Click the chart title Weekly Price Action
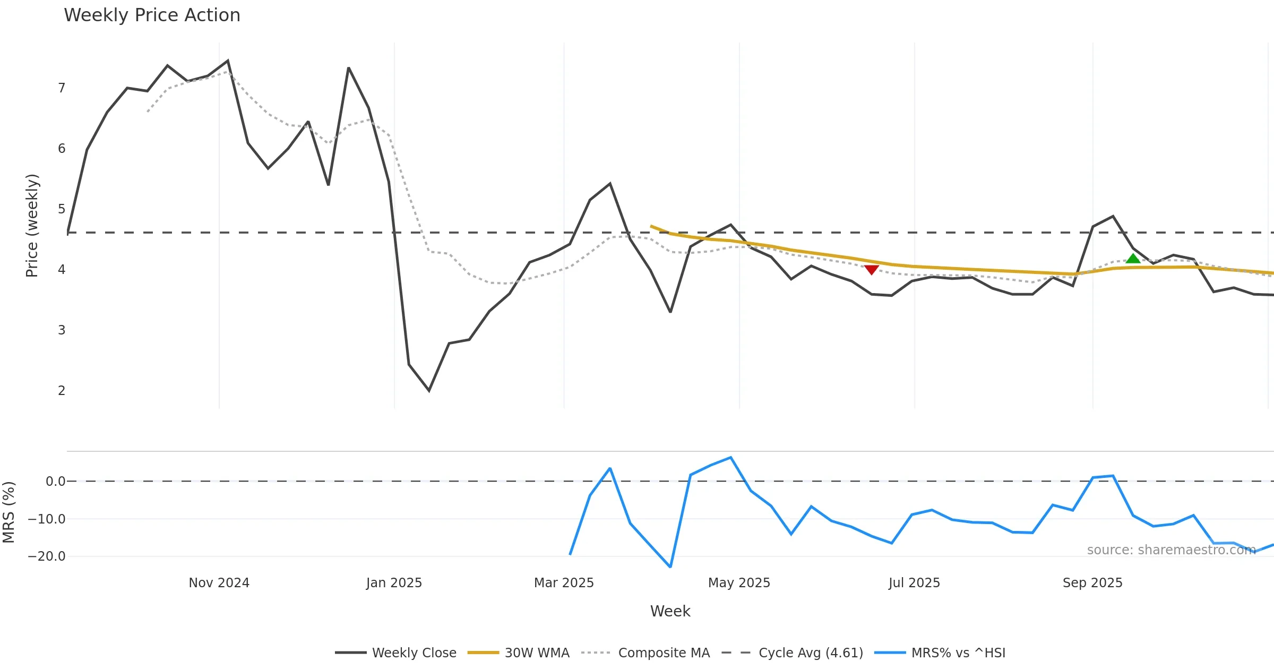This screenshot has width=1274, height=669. click(x=152, y=15)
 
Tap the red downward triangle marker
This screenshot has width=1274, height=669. click(x=871, y=270)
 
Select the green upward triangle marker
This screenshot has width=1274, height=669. click(x=1133, y=259)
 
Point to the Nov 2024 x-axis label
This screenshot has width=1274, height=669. click(x=219, y=582)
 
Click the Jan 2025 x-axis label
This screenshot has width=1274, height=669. click(x=394, y=582)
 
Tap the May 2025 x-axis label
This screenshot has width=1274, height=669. click(x=739, y=582)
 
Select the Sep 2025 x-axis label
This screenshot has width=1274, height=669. click(x=1092, y=582)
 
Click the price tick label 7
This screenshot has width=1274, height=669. click(x=62, y=88)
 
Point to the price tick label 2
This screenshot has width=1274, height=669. click(x=62, y=390)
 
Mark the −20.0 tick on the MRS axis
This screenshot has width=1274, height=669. click(x=47, y=556)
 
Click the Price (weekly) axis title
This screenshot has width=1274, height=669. click(x=32, y=225)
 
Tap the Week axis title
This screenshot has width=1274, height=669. click(x=670, y=611)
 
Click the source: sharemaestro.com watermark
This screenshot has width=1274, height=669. click(x=1171, y=550)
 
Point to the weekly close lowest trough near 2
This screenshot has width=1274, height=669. click(x=429, y=391)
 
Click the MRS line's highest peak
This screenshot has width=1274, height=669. click(x=730, y=457)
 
